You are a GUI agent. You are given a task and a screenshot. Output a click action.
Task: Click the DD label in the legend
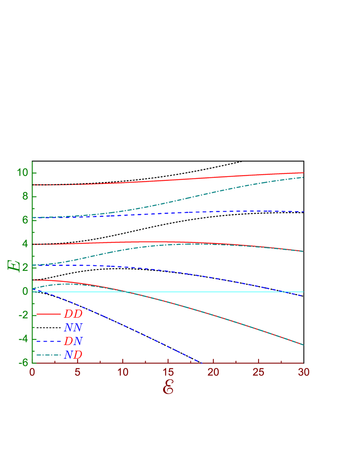click(x=73, y=314)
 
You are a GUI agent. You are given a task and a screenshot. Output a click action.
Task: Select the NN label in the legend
click(x=73, y=327)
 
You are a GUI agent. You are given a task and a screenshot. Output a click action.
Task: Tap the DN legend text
click(x=73, y=341)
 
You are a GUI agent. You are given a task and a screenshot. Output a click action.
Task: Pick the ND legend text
click(x=73, y=355)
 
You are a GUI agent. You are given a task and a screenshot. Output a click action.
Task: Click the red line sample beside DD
click(x=48, y=313)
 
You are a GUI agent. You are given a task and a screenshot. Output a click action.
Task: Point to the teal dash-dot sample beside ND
click(x=48, y=355)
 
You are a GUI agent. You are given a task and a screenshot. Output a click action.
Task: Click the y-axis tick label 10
click(x=22, y=173)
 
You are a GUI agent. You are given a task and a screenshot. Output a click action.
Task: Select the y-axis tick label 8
click(x=25, y=197)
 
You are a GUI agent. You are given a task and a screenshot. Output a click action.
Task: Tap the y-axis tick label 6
click(x=25, y=220)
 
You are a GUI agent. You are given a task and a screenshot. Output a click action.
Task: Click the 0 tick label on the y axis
click(x=25, y=291)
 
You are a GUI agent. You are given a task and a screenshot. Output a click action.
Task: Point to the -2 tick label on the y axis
click(x=23, y=315)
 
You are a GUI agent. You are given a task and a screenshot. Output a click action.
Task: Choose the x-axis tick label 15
click(x=168, y=372)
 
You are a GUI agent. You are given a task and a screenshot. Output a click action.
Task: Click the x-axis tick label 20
click(x=213, y=372)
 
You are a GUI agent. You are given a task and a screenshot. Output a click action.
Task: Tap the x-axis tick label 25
click(x=259, y=372)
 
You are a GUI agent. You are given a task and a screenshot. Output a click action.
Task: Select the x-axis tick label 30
click(x=304, y=372)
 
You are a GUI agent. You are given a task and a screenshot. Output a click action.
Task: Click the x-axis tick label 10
click(x=123, y=372)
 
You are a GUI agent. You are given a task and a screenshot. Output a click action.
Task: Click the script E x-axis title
click(x=168, y=388)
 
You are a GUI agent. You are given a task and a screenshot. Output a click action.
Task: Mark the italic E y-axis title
click(x=13, y=265)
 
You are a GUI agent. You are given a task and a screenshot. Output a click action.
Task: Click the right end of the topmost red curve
click(x=303, y=173)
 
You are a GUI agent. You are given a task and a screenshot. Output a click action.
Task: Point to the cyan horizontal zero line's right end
click(x=303, y=292)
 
